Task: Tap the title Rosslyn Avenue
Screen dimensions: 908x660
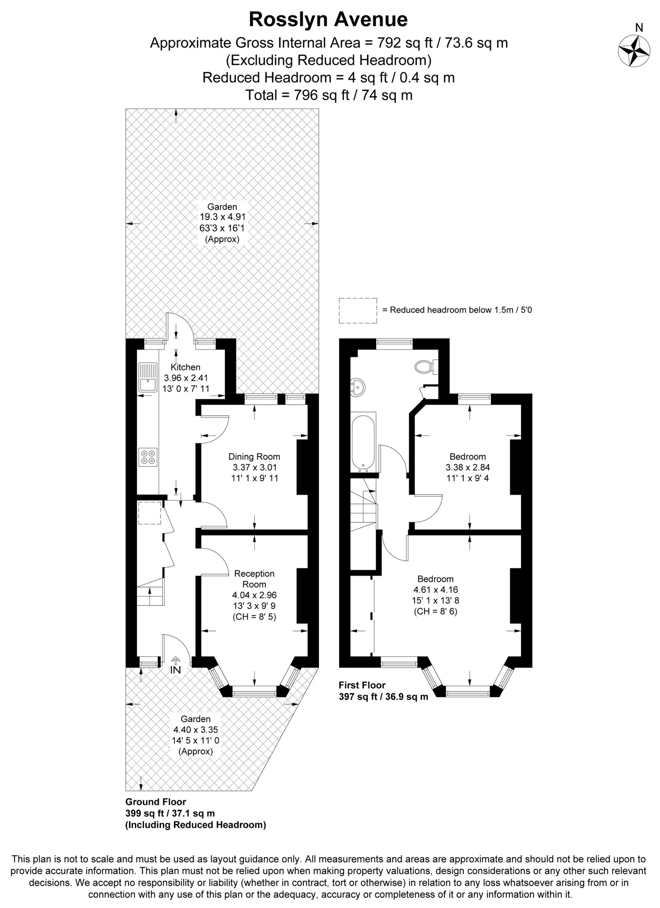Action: coord(328,20)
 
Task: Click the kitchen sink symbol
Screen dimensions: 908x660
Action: coord(148,377)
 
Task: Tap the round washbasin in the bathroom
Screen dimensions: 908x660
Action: coord(358,386)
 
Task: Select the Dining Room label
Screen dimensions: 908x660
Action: coord(254,456)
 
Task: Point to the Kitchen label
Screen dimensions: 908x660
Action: coord(185,367)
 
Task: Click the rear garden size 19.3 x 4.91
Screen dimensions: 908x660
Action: coord(223,217)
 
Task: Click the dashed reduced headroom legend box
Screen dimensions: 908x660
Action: coord(358,310)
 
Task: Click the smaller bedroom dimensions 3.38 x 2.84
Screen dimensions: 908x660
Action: coord(467,467)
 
